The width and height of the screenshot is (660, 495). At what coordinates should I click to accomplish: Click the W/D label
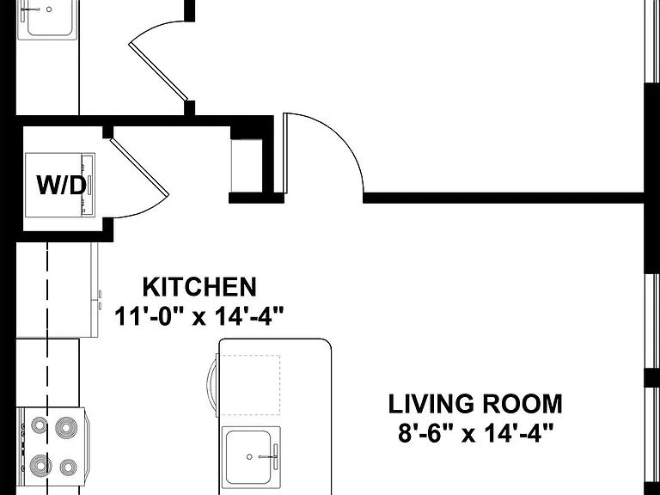click(62, 186)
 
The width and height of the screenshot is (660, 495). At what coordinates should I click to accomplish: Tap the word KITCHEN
click(199, 288)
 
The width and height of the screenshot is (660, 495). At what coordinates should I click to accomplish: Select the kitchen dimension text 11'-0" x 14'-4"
click(199, 316)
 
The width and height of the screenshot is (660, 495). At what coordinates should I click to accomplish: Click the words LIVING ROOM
click(475, 404)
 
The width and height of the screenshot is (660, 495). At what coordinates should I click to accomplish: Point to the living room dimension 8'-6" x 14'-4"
click(475, 433)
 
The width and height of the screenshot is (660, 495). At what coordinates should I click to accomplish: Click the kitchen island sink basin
click(248, 457)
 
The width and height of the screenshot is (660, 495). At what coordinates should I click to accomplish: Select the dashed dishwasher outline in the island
click(250, 385)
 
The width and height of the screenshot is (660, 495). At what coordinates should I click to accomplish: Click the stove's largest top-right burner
click(65, 428)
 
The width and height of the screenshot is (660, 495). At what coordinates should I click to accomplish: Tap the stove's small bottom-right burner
click(68, 467)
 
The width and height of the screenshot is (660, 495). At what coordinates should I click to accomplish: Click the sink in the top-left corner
click(48, 19)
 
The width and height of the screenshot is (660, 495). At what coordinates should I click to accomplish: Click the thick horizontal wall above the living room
click(504, 198)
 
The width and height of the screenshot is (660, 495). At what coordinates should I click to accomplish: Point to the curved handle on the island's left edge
click(213, 385)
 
